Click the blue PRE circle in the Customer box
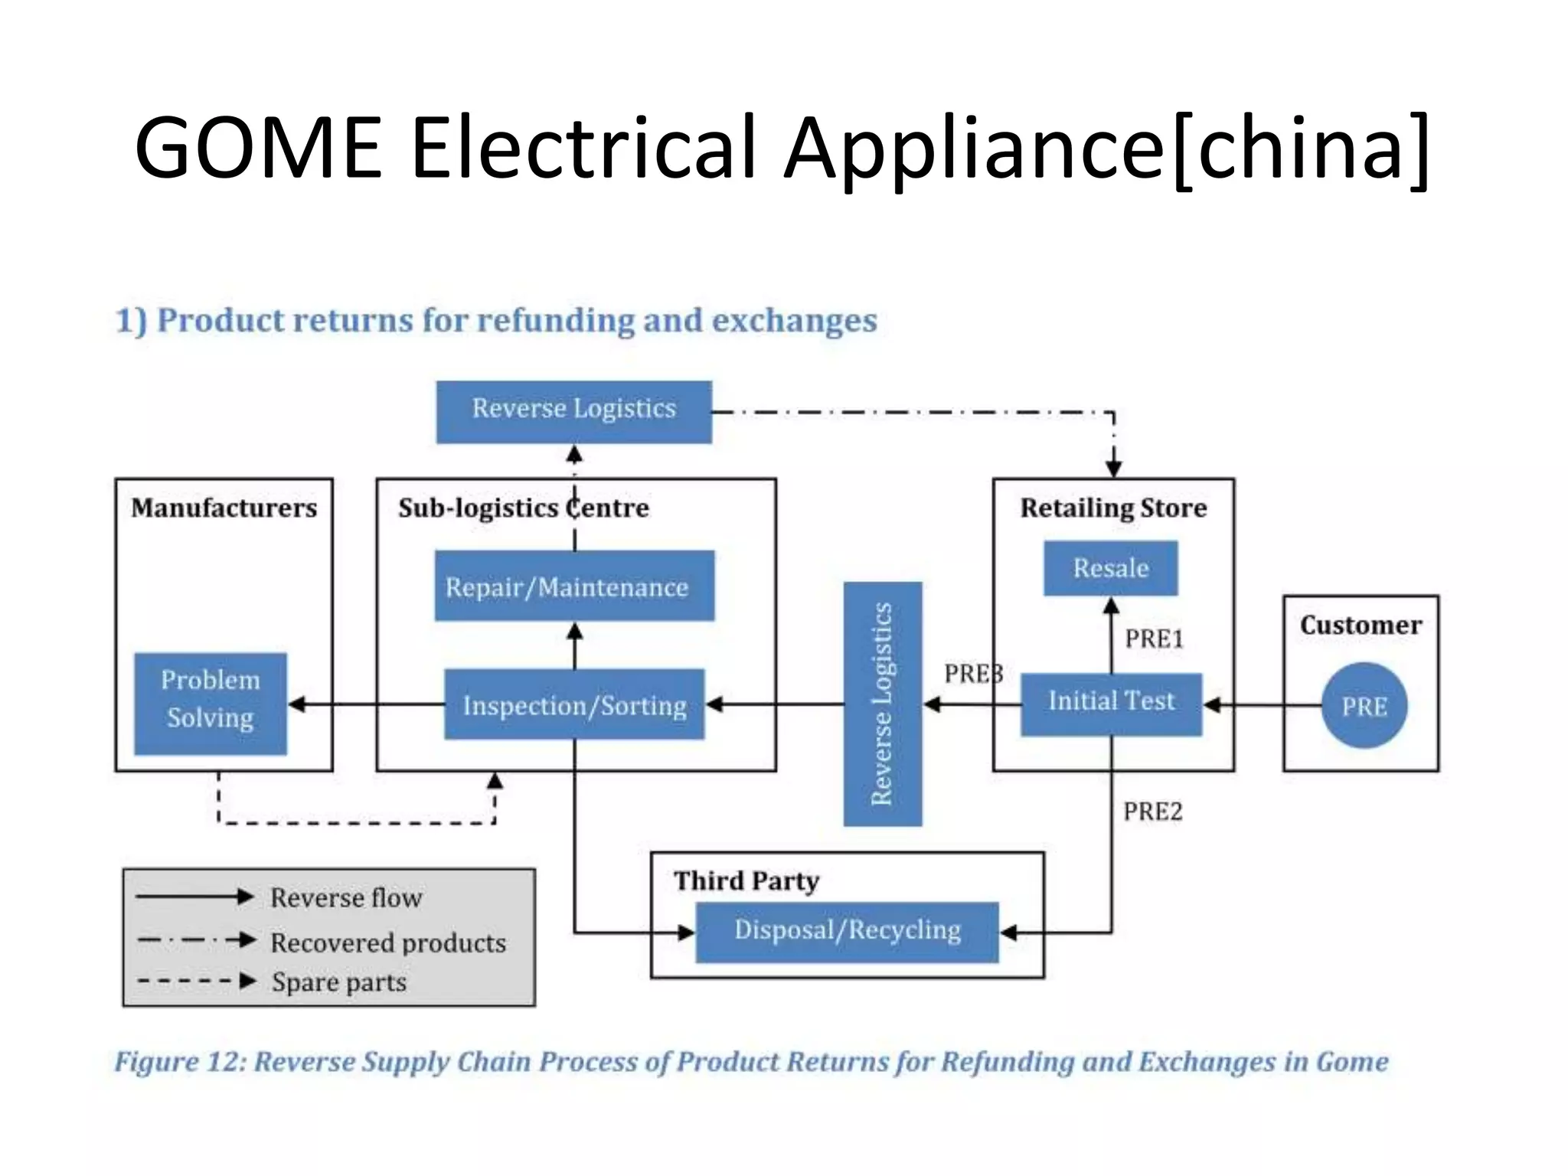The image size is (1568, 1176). (1364, 705)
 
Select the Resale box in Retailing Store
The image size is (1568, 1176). (1110, 568)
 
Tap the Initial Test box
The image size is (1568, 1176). (1111, 704)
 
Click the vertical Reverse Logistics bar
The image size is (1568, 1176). (882, 704)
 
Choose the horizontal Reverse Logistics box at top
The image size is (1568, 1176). (573, 411)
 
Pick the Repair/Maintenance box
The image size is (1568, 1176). (574, 586)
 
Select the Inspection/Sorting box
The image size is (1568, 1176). (574, 704)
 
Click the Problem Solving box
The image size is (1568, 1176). (211, 703)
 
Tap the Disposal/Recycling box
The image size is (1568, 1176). (847, 931)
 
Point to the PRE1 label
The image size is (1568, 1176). (1154, 639)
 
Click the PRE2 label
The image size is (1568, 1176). (1152, 811)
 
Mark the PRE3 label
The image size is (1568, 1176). (972, 674)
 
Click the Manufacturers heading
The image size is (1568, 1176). (224, 508)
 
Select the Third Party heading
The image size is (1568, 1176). (746, 880)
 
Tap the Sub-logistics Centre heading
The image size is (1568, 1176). (524, 508)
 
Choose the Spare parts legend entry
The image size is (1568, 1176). (338, 982)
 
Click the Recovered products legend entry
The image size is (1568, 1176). (388, 942)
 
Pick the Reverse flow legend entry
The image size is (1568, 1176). (346, 897)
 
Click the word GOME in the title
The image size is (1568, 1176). (258, 147)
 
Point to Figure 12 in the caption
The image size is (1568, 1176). (181, 1062)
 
